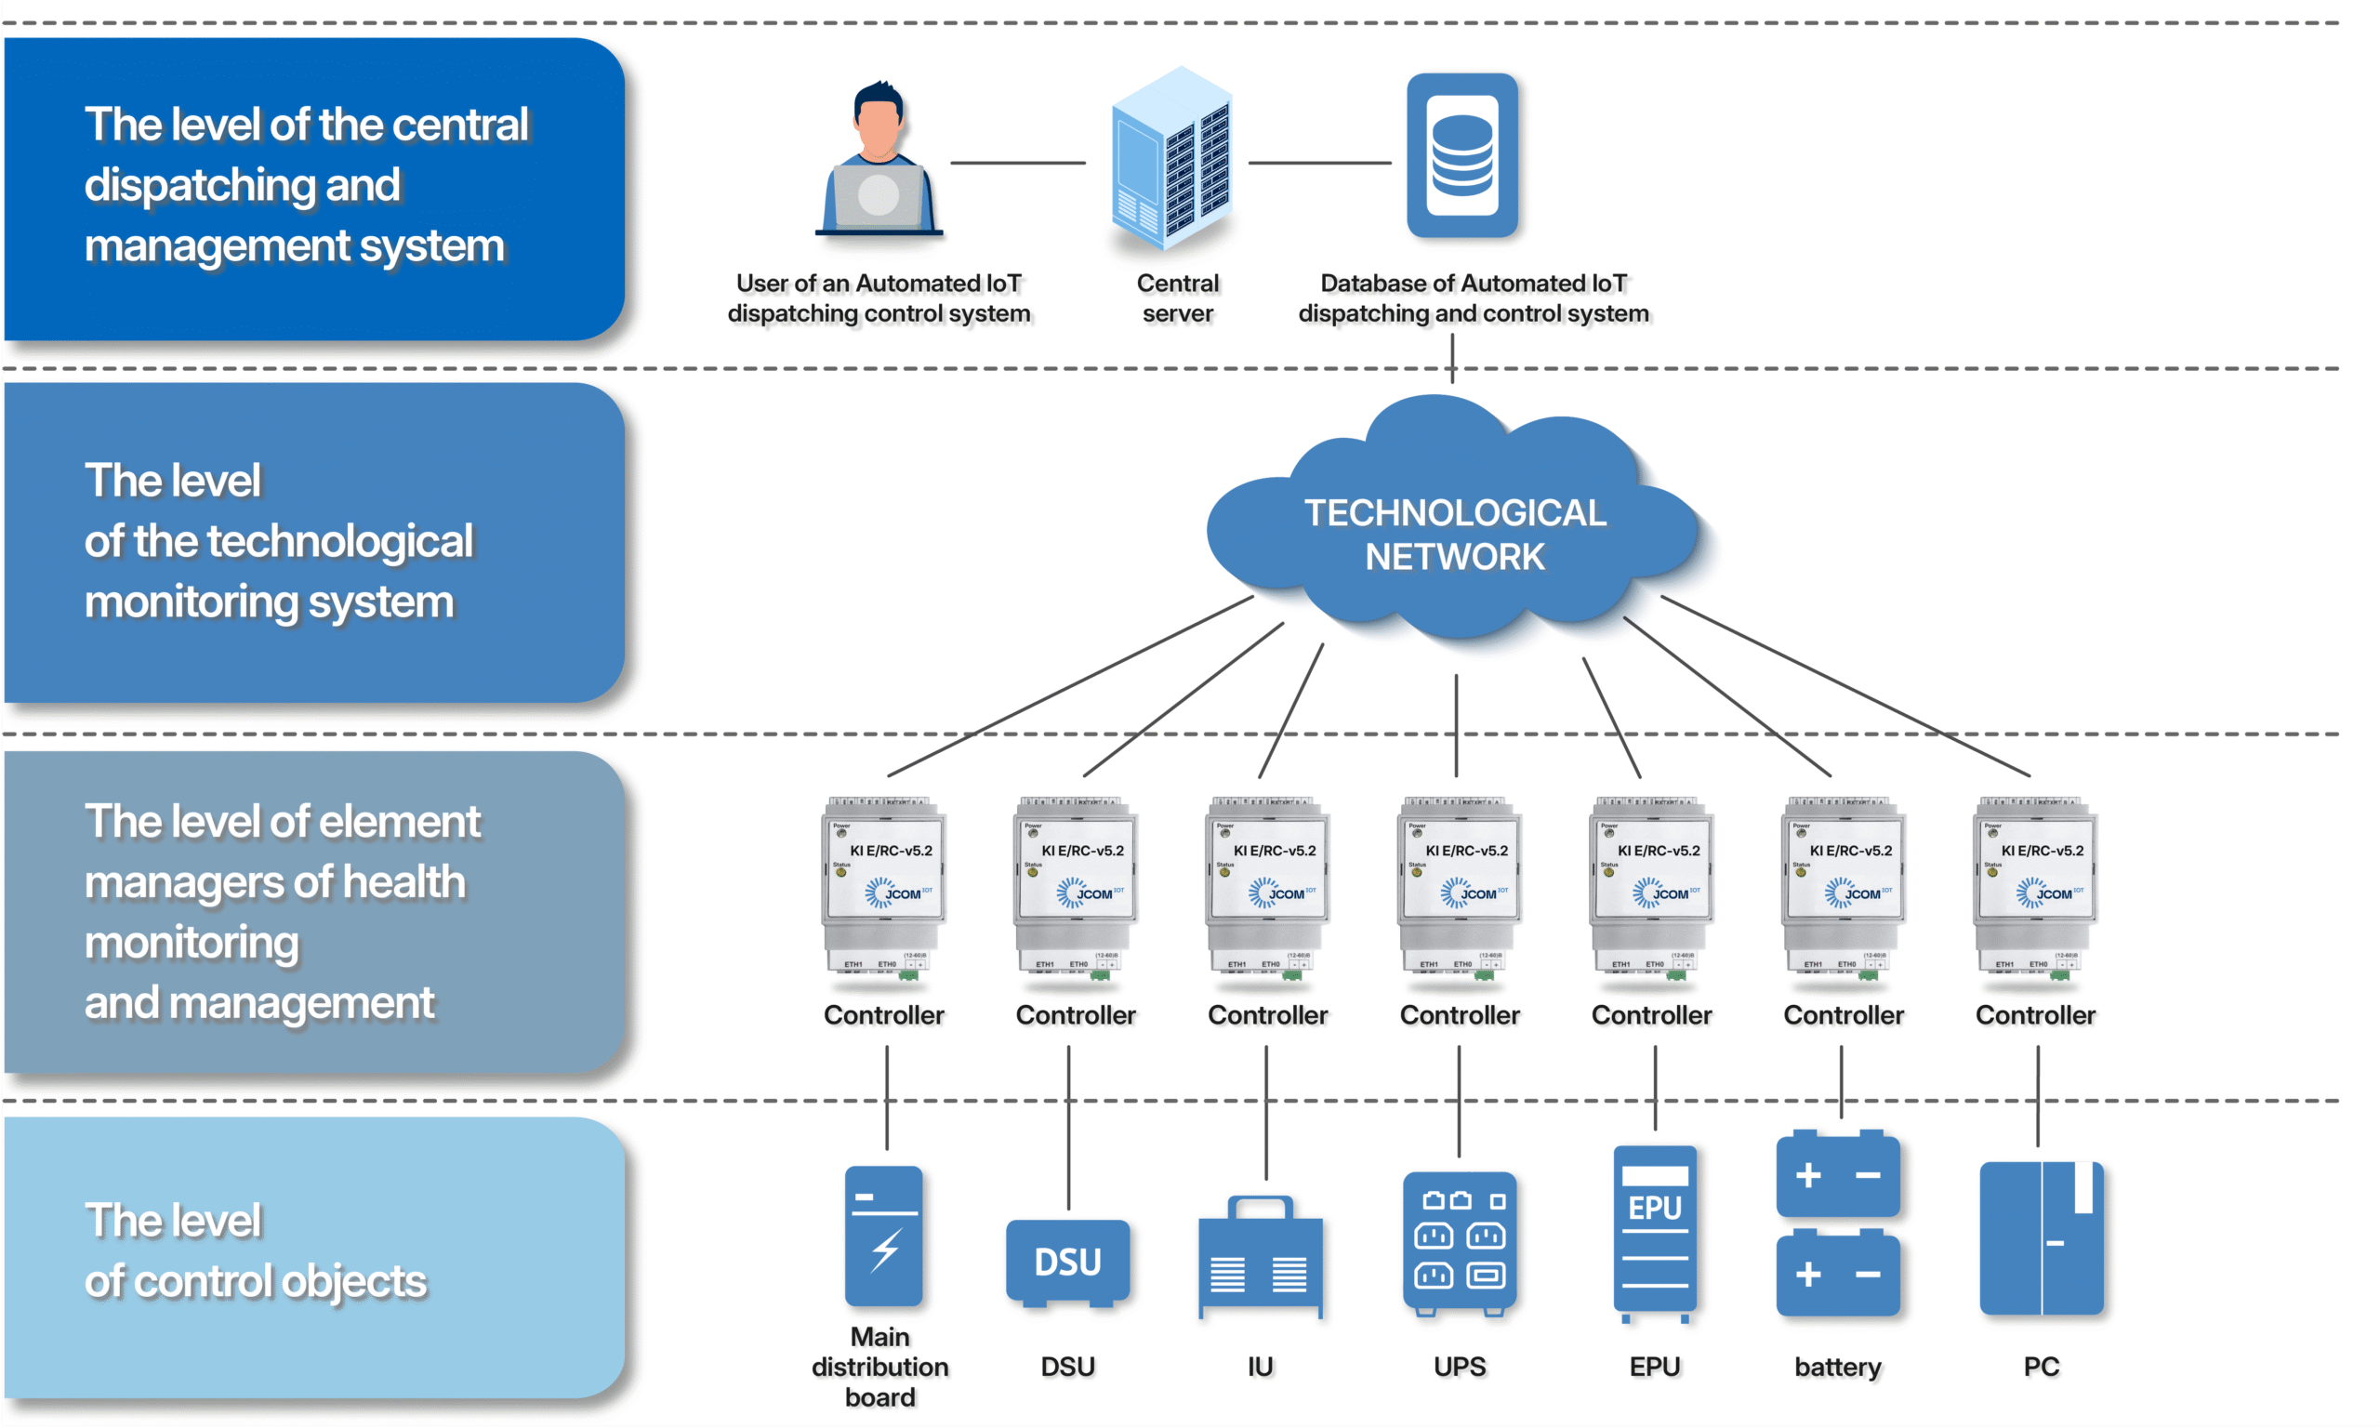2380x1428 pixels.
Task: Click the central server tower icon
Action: (x=1170, y=159)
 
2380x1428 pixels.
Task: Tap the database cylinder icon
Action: (x=1461, y=155)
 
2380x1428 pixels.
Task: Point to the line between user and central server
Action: (x=1017, y=163)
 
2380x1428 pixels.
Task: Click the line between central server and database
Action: (x=1319, y=163)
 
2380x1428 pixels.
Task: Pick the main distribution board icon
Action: (x=883, y=1236)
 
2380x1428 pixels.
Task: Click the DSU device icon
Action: (x=1068, y=1263)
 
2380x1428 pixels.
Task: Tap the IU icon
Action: (x=1261, y=1257)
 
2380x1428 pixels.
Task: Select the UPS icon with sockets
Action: (x=1460, y=1242)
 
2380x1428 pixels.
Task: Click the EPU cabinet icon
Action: (x=1655, y=1233)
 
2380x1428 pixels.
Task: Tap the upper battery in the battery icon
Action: (x=1837, y=1174)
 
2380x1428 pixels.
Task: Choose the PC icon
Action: (x=2041, y=1237)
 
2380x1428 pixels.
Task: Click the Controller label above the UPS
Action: (x=1460, y=1015)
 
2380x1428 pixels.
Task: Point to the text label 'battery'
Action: (x=1837, y=1367)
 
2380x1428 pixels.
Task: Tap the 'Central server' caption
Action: (x=1178, y=298)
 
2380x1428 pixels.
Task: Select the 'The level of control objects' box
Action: (x=313, y=1257)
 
